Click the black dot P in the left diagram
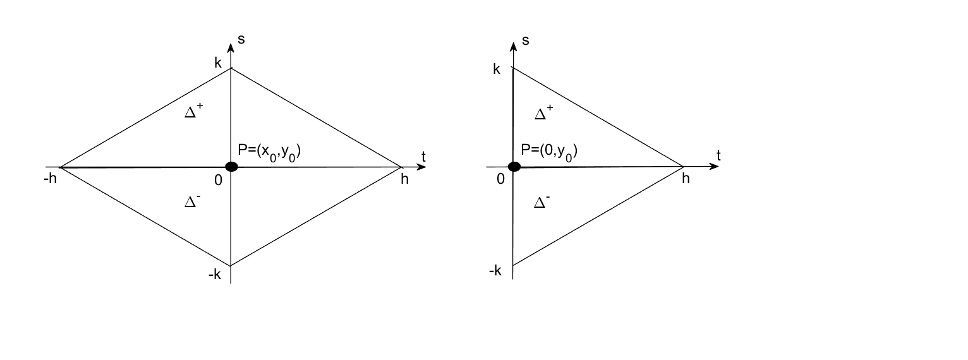click(x=231, y=167)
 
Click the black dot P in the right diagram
click(x=514, y=167)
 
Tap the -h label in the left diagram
click(x=50, y=179)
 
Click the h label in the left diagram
click(x=404, y=179)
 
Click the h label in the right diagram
click(x=686, y=179)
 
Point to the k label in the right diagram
click(x=497, y=69)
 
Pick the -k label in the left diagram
click(x=215, y=275)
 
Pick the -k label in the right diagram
click(x=495, y=271)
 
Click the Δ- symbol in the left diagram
click(x=193, y=201)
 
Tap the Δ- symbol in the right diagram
click(x=541, y=202)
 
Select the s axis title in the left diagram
click(x=241, y=39)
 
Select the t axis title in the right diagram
click(x=718, y=155)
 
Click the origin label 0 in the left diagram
click(x=218, y=181)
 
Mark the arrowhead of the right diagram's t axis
click(x=715, y=167)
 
